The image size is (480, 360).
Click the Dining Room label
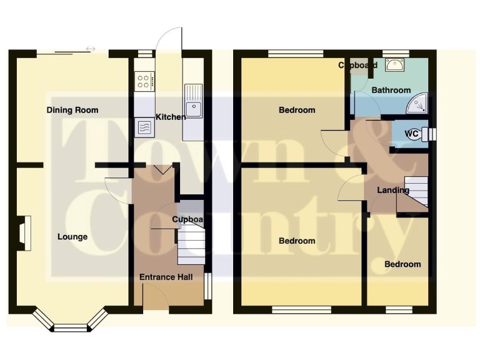pos(72,111)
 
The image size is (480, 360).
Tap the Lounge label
pos(72,237)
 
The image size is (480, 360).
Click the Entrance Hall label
pos(166,277)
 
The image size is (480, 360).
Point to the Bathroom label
pos(391,90)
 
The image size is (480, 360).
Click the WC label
pos(412,133)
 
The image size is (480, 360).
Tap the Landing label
pos(392,190)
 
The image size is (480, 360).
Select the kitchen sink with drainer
pos(192,103)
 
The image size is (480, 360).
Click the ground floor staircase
pos(190,244)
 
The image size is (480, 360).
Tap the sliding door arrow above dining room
pos(91,49)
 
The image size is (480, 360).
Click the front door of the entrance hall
pos(154,296)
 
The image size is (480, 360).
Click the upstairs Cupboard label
pos(357,65)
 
